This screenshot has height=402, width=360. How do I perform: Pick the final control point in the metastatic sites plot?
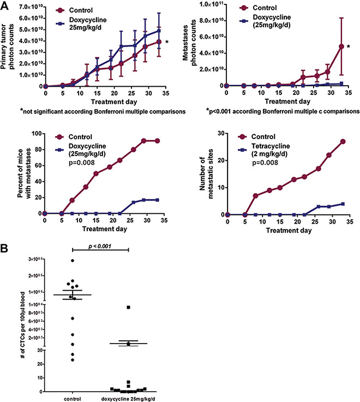coord(343,141)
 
